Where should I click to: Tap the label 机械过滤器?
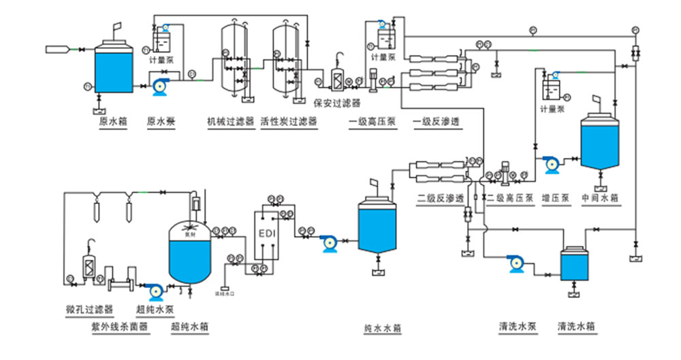tap(231, 122)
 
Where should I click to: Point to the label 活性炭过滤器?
tap(289, 122)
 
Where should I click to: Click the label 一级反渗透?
tap(437, 122)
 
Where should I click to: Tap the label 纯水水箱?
tap(382, 328)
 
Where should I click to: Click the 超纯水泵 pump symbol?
tap(155, 291)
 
